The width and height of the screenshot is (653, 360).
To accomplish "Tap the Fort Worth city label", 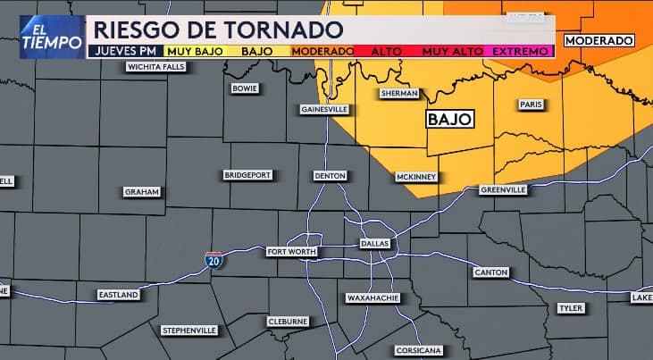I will pos(291,252).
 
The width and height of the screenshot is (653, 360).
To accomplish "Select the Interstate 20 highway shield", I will pos(213,260).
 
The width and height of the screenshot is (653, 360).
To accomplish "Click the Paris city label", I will pos(531,105).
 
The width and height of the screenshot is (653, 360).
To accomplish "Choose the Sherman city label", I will pos(398,93).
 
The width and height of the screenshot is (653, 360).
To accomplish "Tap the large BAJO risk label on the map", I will pos(449,119).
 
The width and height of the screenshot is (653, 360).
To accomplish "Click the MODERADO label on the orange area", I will pos(599,40).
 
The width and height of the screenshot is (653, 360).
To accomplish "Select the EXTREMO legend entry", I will pos(522,51).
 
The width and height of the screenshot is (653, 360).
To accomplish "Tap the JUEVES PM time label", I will pos(123,51).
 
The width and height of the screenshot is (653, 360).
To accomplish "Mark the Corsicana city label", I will pos(416,349).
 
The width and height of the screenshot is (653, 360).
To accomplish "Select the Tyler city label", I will pos(570,308).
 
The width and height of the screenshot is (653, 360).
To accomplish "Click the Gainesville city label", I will pos(323,109).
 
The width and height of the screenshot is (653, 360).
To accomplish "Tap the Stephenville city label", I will pos(189,330).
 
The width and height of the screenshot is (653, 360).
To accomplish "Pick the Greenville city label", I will pos(504,189).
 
